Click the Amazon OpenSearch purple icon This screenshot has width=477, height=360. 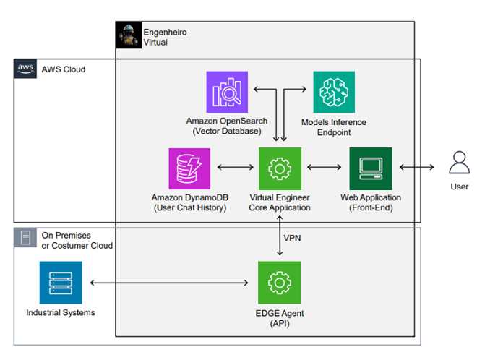click(227, 92)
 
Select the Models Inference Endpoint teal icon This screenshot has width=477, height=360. click(333, 92)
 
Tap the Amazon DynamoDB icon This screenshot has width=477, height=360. click(189, 169)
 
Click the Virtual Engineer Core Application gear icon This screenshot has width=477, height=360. click(280, 169)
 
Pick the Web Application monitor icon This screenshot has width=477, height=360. click(370, 169)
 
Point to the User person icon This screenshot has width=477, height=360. click(460, 163)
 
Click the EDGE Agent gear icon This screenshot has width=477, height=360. click(280, 283)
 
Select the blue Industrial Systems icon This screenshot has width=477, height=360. click(61, 283)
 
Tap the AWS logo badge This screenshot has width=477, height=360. click(26, 69)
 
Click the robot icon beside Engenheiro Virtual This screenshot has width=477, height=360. click(129, 35)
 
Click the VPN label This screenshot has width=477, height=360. click(292, 237)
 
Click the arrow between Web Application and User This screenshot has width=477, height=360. click(416, 168)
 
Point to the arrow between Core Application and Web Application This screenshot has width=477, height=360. click(325, 168)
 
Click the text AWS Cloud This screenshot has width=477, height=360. click(64, 69)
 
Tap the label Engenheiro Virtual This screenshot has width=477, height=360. click(160, 37)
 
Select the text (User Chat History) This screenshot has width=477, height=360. click(189, 208)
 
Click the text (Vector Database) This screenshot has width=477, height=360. click(227, 131)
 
